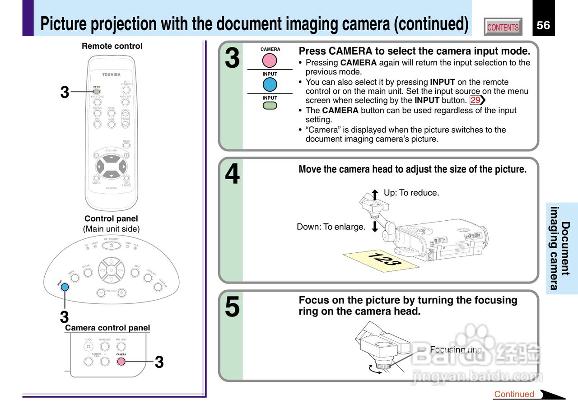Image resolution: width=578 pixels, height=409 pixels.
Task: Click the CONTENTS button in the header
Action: pyautogui.click(x=503, y=27)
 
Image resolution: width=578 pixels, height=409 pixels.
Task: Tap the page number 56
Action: pyautogui.click(x=543, y=25)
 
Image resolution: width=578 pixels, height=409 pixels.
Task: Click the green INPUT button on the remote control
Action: pyautogui.click(x=97, y=92)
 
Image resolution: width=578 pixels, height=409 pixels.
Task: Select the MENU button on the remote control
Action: pyautogui.click(x=126, y=146)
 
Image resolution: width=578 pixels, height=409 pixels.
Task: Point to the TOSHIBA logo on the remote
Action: pyautogui.click(x=111, y=74)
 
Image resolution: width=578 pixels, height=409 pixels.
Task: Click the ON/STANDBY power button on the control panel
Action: pyautogui.click(x=111, y=245)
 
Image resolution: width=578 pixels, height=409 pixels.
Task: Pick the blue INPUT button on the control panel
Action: pyautogui.click(x=65, y=287)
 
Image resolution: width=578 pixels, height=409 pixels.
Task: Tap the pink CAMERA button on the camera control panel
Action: pyautogui.click(x=121, y=361)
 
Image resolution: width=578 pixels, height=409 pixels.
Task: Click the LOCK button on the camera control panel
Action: pyautogui.click(x=89, y=347)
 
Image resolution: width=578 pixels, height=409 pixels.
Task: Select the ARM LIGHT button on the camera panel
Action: pyautogui.click(x=121, y=347)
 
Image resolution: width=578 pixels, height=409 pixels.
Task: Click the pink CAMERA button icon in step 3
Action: pyautogui.click(x=270, y=60)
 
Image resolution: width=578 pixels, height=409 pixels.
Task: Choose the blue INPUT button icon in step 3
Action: pyautogui.click(x=270, y=84)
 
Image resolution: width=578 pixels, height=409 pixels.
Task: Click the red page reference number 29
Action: pyautogui.click(x=475, y=100)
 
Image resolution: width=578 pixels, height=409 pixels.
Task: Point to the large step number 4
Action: pyautogui.click(x=233, y=175)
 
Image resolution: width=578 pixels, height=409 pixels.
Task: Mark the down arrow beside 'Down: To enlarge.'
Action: pyautogui.click(x=375, y=226)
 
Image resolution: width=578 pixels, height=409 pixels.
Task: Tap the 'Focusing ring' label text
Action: pyautogui.click(x=456, y=350)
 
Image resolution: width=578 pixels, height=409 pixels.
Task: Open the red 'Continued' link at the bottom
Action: pyautogui.click(x=514, y=394)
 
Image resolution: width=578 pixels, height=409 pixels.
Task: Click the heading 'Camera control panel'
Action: pyautogui.click(x=107, y=328)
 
